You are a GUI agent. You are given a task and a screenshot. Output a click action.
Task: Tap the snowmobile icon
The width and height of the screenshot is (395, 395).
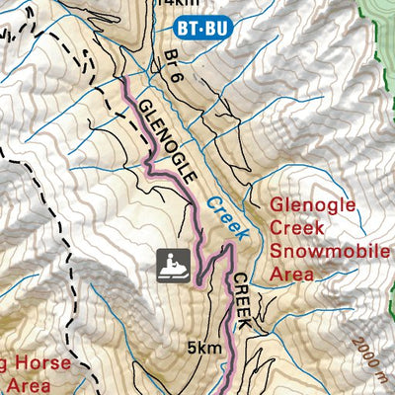pos(173,264)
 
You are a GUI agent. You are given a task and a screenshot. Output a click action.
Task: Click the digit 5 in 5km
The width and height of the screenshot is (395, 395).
pos(191,348)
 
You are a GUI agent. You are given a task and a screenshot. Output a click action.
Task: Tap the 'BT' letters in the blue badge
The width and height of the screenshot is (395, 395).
pos(194,29)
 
